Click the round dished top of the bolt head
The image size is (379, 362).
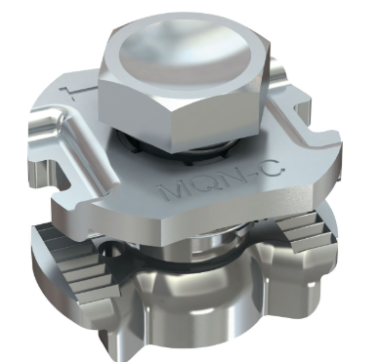[185, 55]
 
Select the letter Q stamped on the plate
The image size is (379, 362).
[202, 184]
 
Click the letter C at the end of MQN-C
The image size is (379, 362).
[273, 172]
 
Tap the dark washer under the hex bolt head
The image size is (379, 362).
[183, 151]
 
